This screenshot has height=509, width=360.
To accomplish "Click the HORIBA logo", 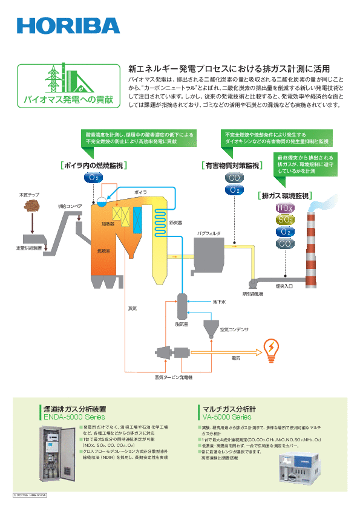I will (68, 26).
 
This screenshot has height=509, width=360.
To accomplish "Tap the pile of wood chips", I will (28, 206).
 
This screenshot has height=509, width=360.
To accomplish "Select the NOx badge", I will (285, 208).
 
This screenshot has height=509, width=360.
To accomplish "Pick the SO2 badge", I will (285, 219).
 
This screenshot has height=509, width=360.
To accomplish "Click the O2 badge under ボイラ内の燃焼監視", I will (93, 178).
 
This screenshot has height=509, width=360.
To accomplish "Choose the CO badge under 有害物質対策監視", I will (234, 178).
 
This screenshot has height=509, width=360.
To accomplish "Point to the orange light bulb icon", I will (270, 348).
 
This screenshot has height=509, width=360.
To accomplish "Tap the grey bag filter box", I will (209, 253).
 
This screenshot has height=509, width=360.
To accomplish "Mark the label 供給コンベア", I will (70, 206).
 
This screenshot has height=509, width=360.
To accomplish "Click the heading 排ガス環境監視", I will (284, 195).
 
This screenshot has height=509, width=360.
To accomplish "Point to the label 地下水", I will (219, 301).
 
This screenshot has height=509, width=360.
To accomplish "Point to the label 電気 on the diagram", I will (237, 358).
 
